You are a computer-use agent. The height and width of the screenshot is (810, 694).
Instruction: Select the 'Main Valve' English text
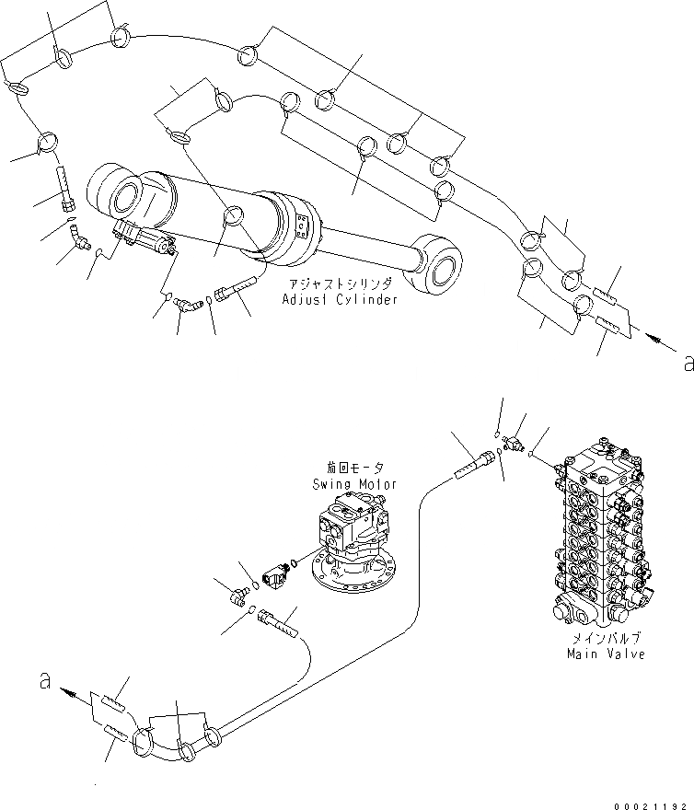[605, 654]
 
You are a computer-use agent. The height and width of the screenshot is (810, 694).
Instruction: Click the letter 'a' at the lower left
[42, 682]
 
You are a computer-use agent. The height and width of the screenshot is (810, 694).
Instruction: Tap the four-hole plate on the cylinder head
[304, 226]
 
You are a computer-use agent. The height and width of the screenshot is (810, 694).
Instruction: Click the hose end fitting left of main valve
[474, 459]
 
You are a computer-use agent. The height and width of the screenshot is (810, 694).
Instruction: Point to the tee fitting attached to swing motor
[273, 575]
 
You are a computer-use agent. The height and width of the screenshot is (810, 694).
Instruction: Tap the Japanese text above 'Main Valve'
[606, 638]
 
